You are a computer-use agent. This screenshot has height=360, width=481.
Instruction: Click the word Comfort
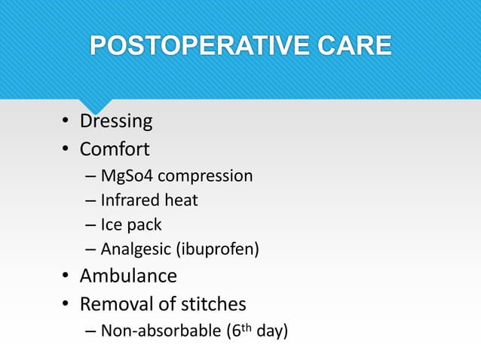115,148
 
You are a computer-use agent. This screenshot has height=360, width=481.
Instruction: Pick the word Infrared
129,200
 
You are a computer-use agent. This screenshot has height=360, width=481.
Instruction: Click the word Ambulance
128,276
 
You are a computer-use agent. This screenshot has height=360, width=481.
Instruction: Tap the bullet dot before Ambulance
66,277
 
